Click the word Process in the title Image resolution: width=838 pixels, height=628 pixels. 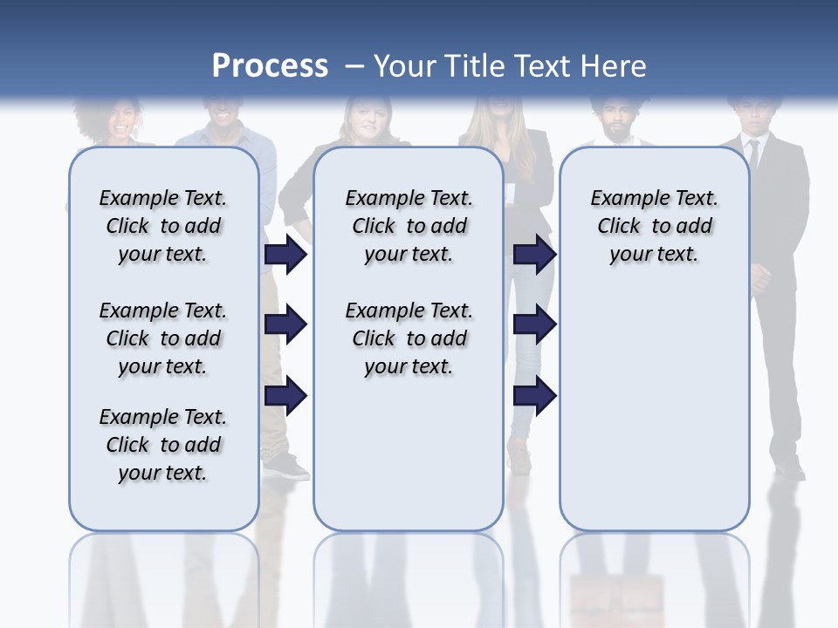(270, 65)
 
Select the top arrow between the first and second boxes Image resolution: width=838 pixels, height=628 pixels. (285, 254)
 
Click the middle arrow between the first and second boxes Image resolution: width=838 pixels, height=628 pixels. (285, 325)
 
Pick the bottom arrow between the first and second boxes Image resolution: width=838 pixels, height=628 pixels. (285, 396)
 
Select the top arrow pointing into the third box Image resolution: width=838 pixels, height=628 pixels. (534, 254)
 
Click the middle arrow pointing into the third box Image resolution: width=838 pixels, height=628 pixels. (534, 325)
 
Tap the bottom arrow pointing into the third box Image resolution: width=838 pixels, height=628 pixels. (534, 396)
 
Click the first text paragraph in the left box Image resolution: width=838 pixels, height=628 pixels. (163, 226)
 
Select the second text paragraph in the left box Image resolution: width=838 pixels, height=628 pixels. (163, 338)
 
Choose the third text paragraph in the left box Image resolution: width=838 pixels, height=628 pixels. (163, 445)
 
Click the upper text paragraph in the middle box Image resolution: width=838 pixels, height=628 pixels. (409, 226)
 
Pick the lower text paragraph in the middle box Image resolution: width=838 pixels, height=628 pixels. (409, 338)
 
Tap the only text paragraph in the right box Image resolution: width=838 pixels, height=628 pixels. (654, 226)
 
